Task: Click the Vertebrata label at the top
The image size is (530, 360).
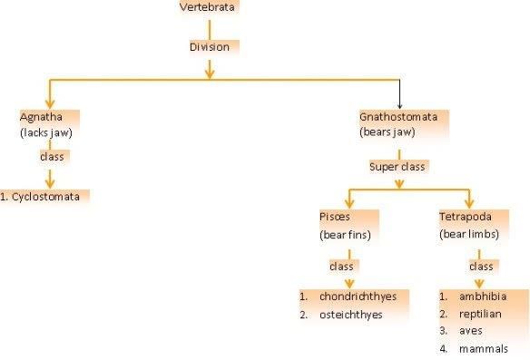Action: click(x=210, y=8)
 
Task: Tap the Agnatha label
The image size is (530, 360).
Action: click(x=38, y=117)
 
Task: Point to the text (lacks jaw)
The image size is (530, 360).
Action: click(x=44, y=132)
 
